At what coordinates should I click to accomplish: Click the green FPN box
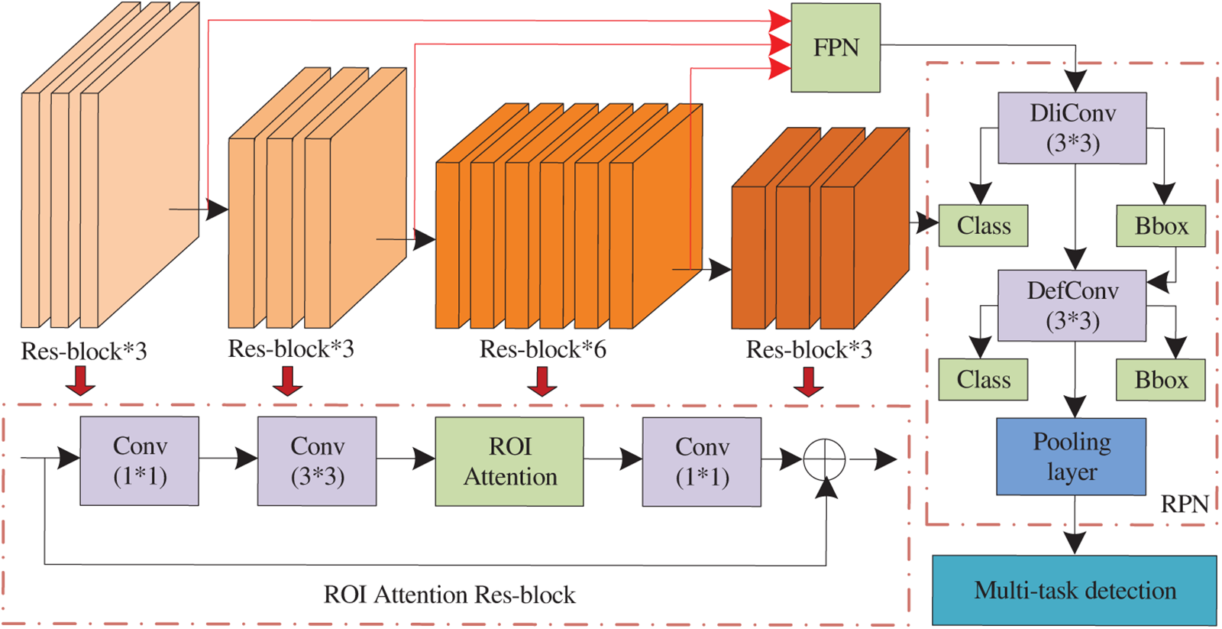tap(836, 47)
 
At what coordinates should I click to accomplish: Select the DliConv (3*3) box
tap(1072, 128)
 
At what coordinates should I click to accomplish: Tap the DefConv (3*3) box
tap(1072, 305)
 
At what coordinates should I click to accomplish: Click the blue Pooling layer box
tap(1071, 456)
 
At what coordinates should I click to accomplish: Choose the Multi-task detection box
tap(1074, 590)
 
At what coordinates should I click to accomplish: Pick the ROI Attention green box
tap(509, 462)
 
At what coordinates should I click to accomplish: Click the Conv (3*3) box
tap(317, 462)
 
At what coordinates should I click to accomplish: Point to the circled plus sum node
tap(824, 459)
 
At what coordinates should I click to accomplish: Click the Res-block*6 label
tap(543, 349)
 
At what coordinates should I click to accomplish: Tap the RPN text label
tap(1185, 504)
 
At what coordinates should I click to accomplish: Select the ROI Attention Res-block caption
tap(450, 595)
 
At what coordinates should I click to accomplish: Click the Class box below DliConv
tap(983, 225)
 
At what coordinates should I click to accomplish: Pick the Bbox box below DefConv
tap(1161, 380)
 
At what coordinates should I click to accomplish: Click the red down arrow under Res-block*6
tap(541, 381)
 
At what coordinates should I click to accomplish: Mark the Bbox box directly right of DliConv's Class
tap(1161, 225)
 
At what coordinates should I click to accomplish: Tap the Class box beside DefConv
tap(983, 380)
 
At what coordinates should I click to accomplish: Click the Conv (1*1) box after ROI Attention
tap(702, 462)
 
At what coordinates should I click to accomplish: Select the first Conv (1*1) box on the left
tap(139, 461)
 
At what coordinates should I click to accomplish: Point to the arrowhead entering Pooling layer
tap(1075, 407)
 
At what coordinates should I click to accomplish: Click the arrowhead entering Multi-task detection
tap(1075, 544)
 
